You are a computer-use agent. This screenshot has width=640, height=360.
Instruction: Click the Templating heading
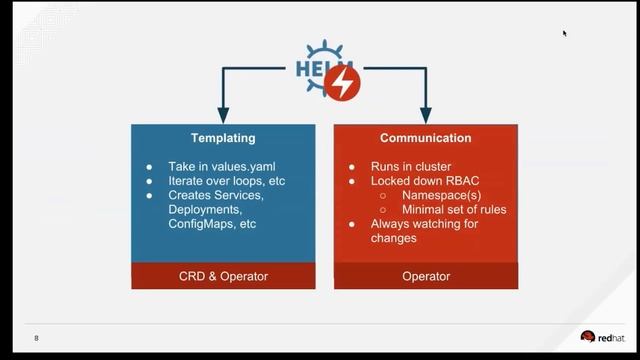pyautogui.click(x=223, y=138)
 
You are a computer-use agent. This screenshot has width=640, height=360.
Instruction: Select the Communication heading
pyautogui.click(x=425, y=138)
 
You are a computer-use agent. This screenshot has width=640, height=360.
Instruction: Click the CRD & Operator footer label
pyautogui.click(x=223, y=276)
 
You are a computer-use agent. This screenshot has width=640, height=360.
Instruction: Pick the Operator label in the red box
pyautogui.click(x=425, y=276)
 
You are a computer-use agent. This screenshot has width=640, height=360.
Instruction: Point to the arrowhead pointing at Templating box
pyautogui.click(x=223, y=116)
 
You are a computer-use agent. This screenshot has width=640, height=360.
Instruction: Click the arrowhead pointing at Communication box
pyautogui.click(x=425, y=116)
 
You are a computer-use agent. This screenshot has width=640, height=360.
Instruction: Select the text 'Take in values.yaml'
pyautogui.click(x=217, y=167)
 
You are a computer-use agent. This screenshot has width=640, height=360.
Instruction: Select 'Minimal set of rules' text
pyautogui.click(x=453, y=210)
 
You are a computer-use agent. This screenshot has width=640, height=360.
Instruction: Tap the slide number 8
pyautogui.click(x=37, y=339)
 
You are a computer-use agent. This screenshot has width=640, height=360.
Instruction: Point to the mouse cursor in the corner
pyautogui.click(x=565, y=33)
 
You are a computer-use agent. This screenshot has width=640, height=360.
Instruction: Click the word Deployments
pyautogui.click(x=204, y=210)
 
